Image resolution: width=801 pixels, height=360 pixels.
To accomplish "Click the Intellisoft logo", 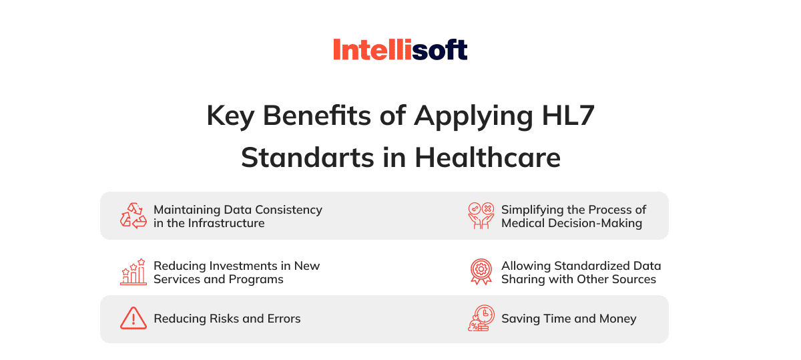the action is [400, 49].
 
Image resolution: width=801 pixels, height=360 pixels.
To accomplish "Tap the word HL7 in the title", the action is [568, 116].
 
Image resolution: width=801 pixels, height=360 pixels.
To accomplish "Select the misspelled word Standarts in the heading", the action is [308, 158].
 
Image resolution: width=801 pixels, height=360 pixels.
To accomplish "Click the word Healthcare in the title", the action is [488, 157].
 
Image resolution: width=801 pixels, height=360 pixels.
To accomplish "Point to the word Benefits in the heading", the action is [317, 116].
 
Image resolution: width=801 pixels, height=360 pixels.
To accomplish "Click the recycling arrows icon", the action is [133, 216].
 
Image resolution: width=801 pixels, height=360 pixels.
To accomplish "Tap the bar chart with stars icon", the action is [133, 272].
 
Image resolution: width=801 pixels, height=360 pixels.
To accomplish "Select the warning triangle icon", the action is [133, 318].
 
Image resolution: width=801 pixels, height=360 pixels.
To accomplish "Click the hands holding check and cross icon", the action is [481, 216].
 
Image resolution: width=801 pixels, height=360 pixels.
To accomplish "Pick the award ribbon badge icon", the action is [481, 272].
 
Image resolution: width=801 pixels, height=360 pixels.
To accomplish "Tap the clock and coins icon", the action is [481, 318].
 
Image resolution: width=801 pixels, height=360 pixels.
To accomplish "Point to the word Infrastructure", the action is [226, 223].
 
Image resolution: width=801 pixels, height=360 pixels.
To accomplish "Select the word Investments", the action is [243, 266].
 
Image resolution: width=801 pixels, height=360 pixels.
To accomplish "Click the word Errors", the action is [284, 319].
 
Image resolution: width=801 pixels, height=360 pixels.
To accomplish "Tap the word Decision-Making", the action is [595, 223].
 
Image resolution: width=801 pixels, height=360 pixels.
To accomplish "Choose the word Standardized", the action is [592, 266].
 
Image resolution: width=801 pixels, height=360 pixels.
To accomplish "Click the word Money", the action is [618, 319].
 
